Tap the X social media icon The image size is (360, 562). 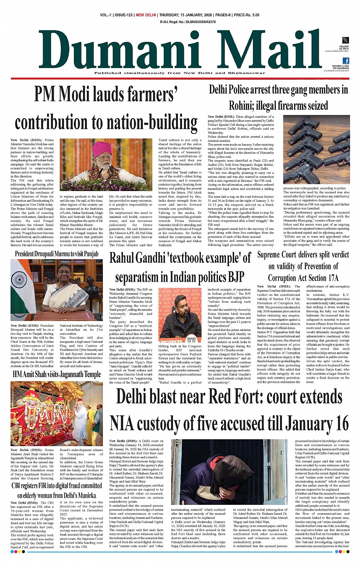pyautogui.click(x=345, y=40)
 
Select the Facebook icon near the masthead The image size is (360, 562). pyautogui.click(x=346, y=61)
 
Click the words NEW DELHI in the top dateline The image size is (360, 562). pyautogui.click(x=146, y=15)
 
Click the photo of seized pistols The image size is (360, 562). pyautogui.click(x=316, y=150)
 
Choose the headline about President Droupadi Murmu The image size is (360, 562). pyautogui.click(x=56, y=254)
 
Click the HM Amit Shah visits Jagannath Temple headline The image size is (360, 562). pyautogui.click(x=56, y=375)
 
